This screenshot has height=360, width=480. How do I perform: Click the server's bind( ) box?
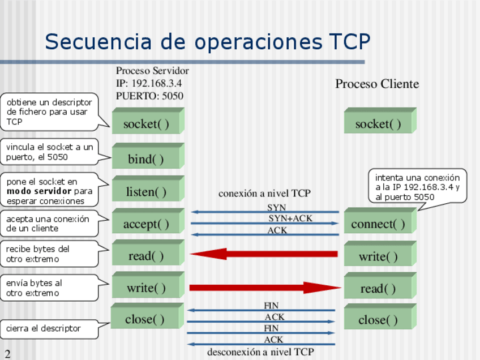146,159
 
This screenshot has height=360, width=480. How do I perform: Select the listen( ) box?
146,192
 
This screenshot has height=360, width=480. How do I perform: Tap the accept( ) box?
146,224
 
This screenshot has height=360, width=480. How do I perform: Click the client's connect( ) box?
378,224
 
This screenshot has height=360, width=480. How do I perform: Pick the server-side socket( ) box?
146,124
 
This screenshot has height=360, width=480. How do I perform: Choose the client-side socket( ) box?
378,124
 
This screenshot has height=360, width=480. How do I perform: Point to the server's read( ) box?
146,256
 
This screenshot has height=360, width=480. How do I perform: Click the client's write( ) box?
378,257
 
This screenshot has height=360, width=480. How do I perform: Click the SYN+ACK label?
290,218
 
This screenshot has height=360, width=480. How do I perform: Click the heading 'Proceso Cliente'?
377,84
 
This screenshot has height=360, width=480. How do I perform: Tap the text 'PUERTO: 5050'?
149,96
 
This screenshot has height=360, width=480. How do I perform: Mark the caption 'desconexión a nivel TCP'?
260,352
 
